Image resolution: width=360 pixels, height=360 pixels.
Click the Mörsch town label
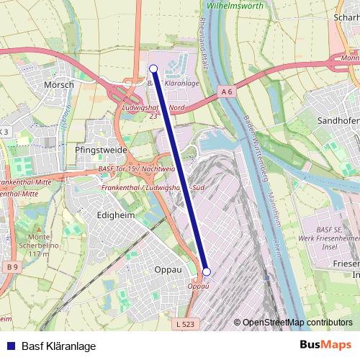59,84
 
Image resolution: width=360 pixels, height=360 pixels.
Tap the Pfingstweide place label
101,150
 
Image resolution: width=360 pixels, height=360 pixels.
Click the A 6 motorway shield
228,91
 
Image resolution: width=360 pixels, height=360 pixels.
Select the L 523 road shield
186,325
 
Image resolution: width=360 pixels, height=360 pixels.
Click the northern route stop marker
153,68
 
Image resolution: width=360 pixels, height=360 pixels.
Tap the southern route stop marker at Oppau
207,271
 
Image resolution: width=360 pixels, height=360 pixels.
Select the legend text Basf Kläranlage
58,346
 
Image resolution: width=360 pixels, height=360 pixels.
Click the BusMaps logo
325,345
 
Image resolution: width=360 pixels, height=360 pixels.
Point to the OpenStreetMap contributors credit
297,322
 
